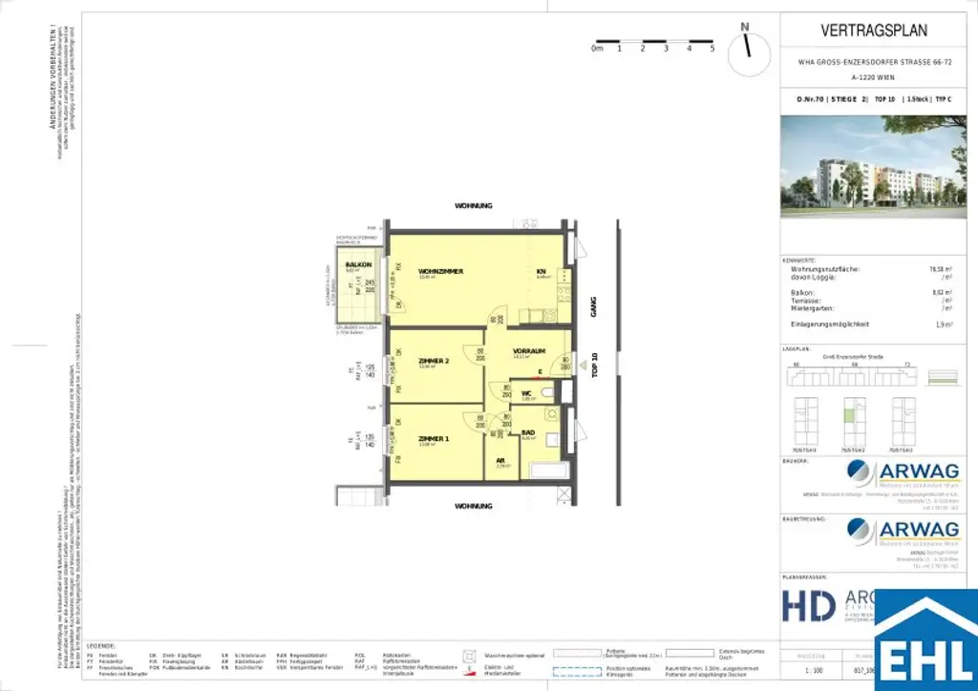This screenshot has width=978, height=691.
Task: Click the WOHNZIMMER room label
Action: point(440,272)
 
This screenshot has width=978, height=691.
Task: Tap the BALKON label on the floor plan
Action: point(358,264)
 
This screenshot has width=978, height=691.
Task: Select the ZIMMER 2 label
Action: point(433,360)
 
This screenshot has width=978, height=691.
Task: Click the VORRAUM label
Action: point(528,350)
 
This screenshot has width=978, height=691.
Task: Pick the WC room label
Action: point(526,393)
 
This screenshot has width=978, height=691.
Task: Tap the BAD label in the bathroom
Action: point(527,433)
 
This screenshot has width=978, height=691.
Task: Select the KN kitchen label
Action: point(542,272)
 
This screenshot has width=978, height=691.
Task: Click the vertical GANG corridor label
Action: point(593,306)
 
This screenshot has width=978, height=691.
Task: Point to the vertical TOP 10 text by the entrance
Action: point(593,366)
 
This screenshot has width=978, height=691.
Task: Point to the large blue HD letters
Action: point(810,605)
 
